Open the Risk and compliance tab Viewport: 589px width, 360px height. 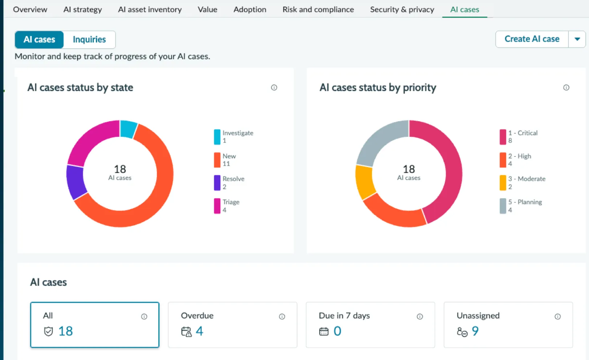(318, 9)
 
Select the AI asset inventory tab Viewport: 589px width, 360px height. (150, 9)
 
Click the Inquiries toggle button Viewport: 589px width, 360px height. (89, 40)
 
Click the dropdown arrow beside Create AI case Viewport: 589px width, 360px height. (577, 39)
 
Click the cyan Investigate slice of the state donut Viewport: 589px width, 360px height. (128, 129)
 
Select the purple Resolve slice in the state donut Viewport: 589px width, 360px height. (76, 181)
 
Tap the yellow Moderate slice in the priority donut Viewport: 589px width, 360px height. (365, 181)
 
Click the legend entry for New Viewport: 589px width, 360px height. (225, 160)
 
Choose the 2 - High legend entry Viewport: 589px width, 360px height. (515, 160)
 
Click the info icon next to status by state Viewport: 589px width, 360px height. (274, 87)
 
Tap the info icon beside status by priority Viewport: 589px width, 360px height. (566, 87)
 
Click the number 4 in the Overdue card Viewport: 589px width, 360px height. (200, 331)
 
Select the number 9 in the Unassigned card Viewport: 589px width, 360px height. (475, 331)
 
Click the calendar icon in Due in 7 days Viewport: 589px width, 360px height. (324, 332)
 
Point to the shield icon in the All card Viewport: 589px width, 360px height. (48, 331)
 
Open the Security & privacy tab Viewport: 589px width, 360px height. (402, 9)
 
